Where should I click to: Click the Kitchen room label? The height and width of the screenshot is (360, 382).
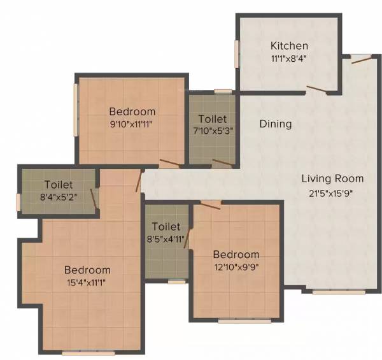click(x=289, y=46)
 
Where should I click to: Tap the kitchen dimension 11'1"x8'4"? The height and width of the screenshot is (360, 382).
click(x=289, y=58)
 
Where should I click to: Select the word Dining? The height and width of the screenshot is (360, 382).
click(x=276, y=124)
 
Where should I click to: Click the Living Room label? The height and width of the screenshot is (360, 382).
click(x=332, y=178)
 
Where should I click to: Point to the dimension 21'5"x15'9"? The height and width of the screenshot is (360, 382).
click(x=332, y=191)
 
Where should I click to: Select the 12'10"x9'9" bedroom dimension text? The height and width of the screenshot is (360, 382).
click(x=236, y=267)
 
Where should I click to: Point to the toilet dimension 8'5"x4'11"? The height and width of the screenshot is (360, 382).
click(x=166, y=240)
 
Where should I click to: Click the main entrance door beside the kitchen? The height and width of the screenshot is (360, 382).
click(x=360, y=61)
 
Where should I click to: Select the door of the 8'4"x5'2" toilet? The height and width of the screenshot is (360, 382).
click(x=94, y=198)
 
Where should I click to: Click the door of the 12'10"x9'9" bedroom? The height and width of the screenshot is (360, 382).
click(x=211, y=204)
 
